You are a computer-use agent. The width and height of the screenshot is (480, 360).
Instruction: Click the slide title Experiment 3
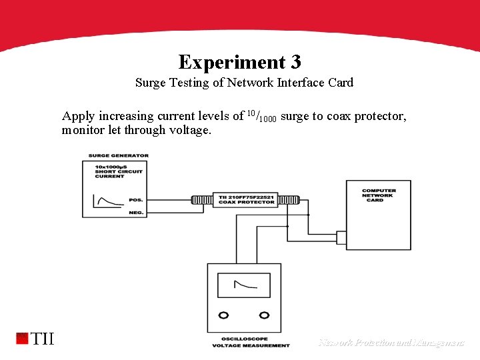240,62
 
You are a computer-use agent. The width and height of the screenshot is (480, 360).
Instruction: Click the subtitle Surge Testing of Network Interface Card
244,83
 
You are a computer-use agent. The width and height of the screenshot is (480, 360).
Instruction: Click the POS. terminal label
136,200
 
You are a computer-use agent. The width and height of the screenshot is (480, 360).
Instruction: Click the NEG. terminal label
136,213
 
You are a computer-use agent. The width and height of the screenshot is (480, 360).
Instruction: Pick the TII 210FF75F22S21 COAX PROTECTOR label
246,200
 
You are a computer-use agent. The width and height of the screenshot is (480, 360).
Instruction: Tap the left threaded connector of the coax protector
202,200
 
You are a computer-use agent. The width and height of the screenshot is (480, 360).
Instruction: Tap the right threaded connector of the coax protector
290,200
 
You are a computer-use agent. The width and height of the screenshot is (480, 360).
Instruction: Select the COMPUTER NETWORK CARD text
379,195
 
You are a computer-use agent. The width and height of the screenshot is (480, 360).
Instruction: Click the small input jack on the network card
341,237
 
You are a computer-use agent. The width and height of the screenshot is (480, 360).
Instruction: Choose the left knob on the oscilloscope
225,315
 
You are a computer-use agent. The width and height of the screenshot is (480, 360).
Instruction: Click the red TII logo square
23,338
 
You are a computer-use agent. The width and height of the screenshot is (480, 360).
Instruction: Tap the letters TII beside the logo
43,339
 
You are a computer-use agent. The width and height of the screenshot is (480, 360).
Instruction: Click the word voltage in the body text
188,130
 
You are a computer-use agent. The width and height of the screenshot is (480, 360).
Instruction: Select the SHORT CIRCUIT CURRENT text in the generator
109,173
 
